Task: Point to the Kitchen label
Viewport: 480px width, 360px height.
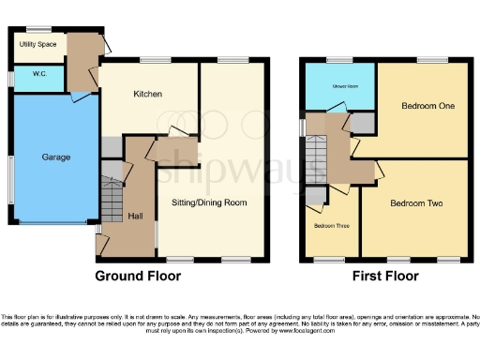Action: (148, 95)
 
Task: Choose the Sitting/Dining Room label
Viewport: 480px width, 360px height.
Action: (209, 202)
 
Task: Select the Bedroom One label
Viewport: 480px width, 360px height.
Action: (427, 106)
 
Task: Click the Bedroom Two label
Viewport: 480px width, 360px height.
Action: (416, 202)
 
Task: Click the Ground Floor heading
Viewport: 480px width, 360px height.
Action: (138, 277)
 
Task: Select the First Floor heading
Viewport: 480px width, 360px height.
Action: (385, 277)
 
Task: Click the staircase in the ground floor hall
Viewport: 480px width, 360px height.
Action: (112, 200)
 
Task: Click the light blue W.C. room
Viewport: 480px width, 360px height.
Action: (37, 79)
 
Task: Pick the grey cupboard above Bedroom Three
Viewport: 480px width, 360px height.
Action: (315, 194)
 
